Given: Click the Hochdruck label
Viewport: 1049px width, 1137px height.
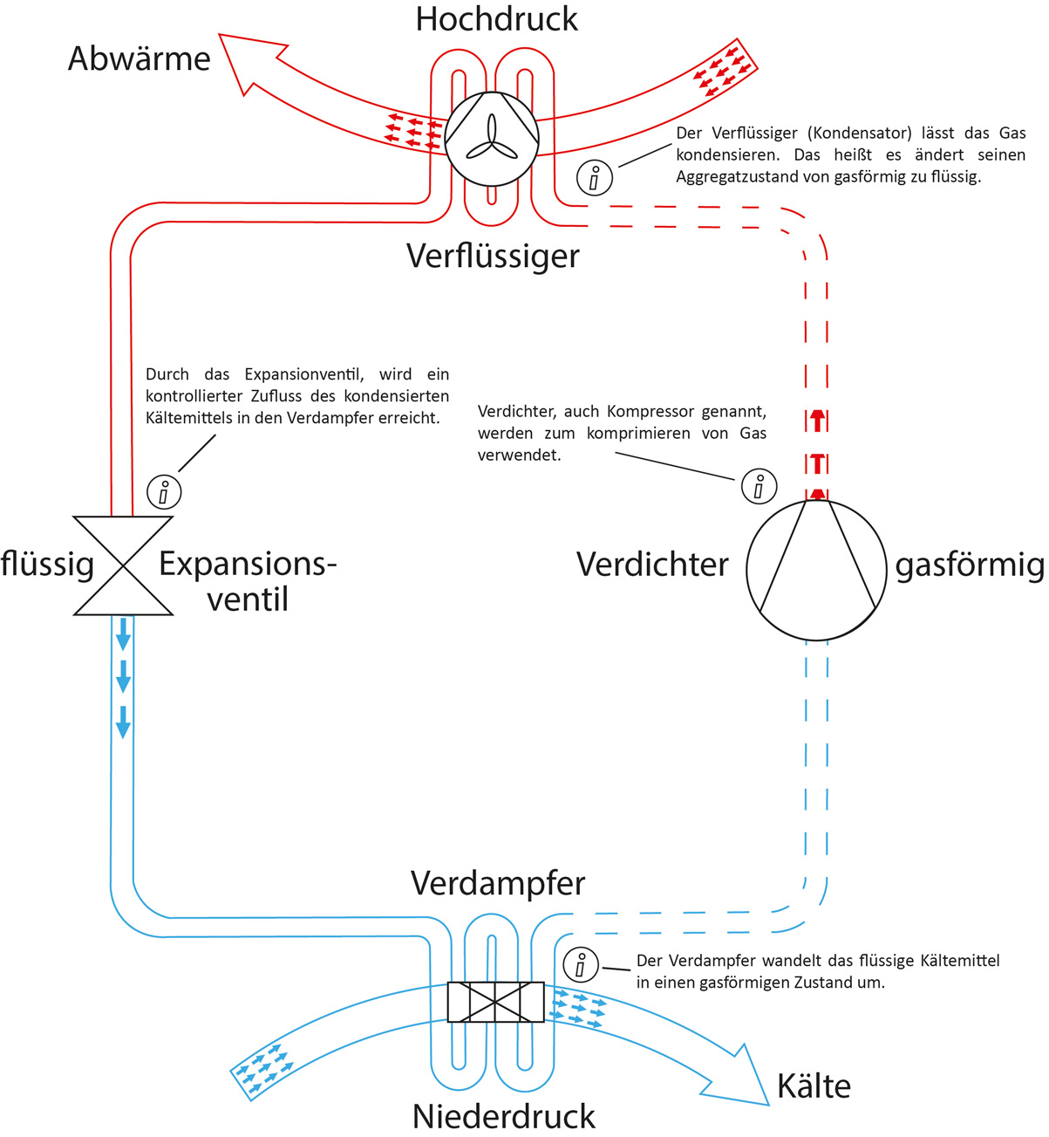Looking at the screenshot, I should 496,19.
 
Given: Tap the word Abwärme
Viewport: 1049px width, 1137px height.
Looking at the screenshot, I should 140,58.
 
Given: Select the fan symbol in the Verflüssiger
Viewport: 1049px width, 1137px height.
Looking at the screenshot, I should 492,138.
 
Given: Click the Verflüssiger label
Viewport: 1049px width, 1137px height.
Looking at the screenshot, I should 493,256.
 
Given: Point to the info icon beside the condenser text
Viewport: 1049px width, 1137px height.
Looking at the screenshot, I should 595,178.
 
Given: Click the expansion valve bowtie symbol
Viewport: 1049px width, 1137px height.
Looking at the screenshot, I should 123,565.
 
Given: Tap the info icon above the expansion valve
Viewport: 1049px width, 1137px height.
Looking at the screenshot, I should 164,491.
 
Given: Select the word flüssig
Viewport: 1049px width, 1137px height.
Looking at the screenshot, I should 47,564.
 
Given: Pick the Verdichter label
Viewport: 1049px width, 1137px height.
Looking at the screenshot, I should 652,565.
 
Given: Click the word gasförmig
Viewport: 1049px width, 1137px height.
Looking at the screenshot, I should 970,565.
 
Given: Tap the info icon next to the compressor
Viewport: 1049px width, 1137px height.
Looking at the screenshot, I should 759,486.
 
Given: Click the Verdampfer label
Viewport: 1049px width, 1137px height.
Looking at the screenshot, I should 498,883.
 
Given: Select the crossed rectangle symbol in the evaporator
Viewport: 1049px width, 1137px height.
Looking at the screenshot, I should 495,1002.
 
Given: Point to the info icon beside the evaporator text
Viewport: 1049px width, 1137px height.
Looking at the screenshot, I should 581,965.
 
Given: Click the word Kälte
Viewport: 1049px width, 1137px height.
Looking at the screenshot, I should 814,1086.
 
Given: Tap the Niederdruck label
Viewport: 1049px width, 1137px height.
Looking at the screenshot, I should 503,1116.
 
